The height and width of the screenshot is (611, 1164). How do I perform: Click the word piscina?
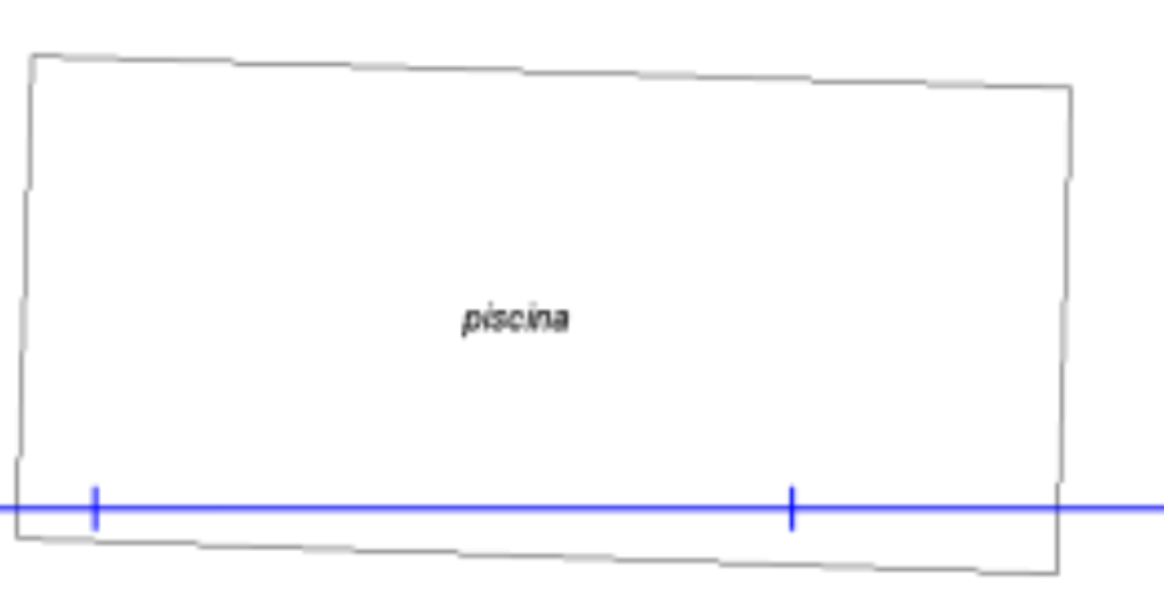point(516,319)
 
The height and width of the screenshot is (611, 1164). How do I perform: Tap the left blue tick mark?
point(95,509)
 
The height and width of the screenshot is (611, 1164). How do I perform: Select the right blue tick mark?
point(792,509)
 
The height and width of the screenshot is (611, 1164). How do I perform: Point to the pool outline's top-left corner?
point(32,55)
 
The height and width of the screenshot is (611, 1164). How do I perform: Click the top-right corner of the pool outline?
point(1071,87)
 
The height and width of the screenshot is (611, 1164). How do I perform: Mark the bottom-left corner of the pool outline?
point(16,538)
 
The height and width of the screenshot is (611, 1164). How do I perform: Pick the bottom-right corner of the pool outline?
point(1058,573)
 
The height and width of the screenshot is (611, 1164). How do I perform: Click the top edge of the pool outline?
point(551,70)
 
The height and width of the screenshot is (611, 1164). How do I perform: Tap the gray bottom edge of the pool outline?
point(537,555)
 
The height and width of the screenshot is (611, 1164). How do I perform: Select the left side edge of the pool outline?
point(25,296)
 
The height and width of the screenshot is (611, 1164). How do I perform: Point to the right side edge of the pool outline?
point(1064,330)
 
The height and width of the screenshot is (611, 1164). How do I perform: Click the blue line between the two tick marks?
point(443,508)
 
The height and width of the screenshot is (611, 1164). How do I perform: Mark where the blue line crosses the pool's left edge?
point(17,508)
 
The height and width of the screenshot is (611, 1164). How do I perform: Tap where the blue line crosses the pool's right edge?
point(1060,508)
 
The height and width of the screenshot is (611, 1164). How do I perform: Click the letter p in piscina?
point(470,322)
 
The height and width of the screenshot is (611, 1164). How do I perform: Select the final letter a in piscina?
point(561,320)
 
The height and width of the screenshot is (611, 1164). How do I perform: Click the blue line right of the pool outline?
point(1112,508)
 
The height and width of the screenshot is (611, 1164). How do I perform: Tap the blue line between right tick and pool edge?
point(925,508)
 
